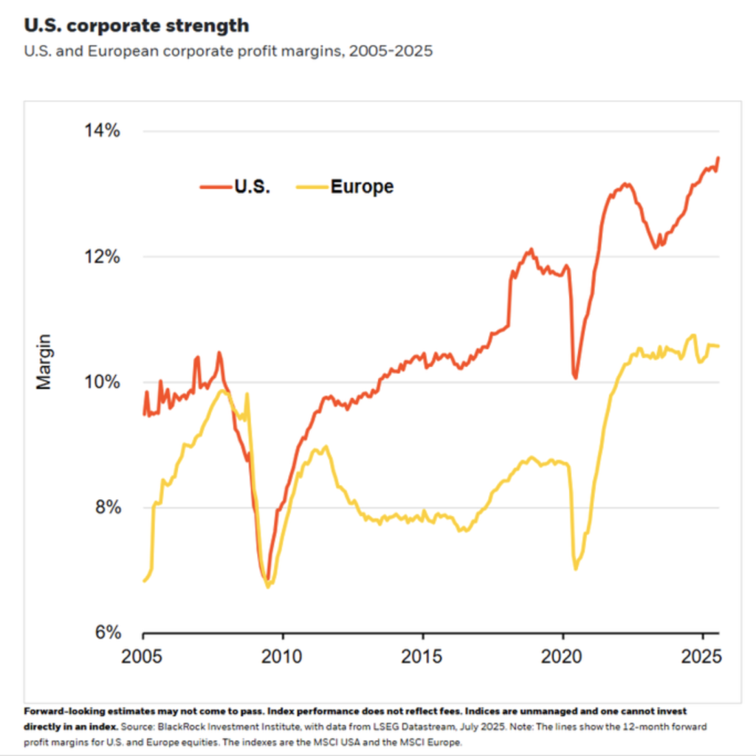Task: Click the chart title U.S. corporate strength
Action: coord(136,26)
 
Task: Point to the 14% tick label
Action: coord(101,131)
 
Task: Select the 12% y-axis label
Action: coord(101,257)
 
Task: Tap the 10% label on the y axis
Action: coord(101,382)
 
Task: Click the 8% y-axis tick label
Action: coord(105,508)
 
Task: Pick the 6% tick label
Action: coord(105,633)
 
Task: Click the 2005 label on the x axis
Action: coord(143,656)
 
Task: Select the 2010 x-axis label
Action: coord(283,656)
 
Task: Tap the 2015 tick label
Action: coord(423,656)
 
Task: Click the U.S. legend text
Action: coord(252,187)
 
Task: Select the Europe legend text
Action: coord(362,187)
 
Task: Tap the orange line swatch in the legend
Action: coord(215,187)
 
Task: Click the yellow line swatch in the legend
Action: coord(310,187)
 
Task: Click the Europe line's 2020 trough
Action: coord(576,568)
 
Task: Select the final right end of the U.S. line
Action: coord(718,157)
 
